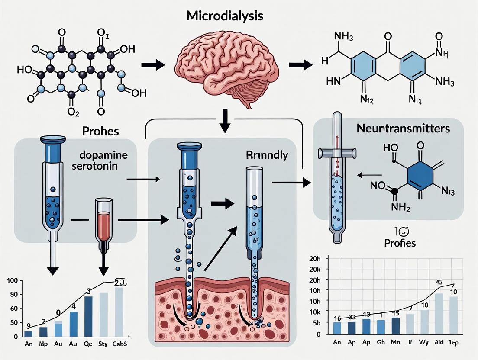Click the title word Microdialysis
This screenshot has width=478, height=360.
pyautogui.click(x=225, y=16)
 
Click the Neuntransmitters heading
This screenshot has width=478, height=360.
pyautogui.click(x=403, y=129)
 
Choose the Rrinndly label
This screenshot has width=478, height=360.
pyautogui.click(x=268, y=156)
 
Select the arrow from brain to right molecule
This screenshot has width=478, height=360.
pyautogui.click(x=300, y=65)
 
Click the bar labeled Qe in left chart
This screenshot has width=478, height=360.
pyautogui.click(x=88, y=316)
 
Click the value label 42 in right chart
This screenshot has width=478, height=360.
pyautogui.click(x=439, y=283)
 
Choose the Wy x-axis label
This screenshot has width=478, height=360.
pyautogui.click(x=425, y=342)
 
